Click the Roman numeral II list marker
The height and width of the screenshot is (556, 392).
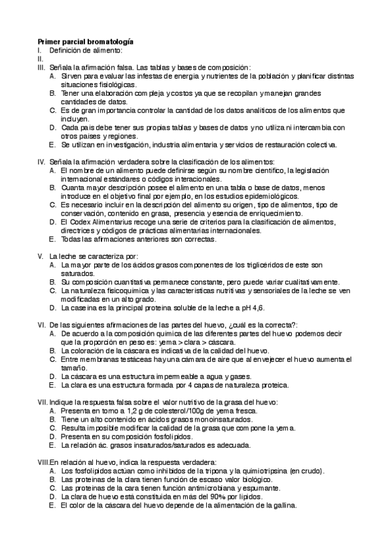(40, 58)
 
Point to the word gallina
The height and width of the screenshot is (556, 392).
(283, 506)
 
